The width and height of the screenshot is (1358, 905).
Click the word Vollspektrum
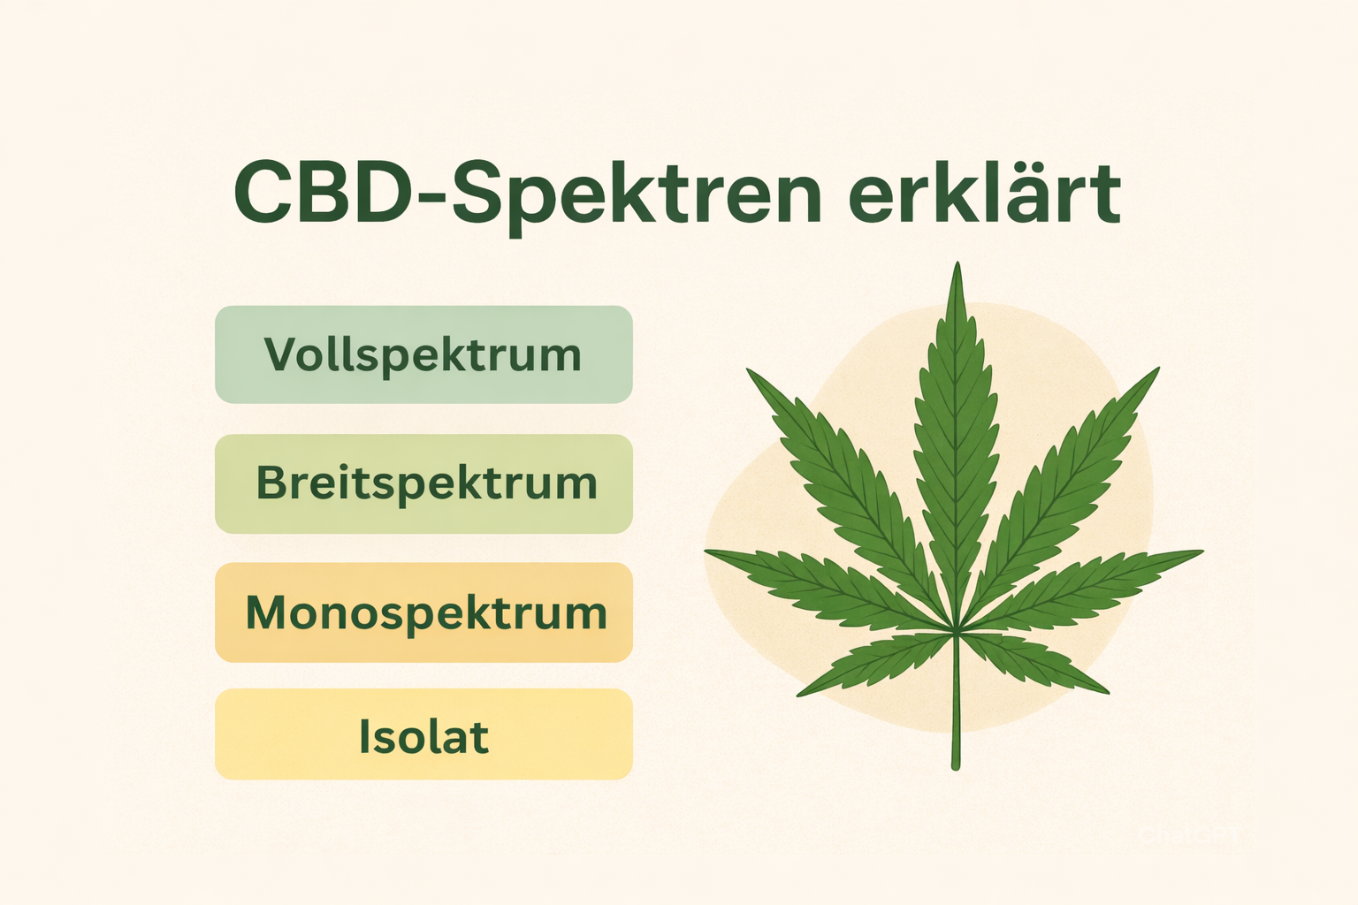[x=423, y=355]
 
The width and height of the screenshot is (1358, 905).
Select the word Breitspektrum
[x=426, y=483]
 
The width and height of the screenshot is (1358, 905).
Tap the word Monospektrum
[x=426, y=612]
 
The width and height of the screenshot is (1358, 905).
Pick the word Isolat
[x=423, y=737]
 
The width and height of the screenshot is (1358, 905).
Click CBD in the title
[x=322, y=193]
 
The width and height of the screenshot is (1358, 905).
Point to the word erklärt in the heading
[x=984, y=193]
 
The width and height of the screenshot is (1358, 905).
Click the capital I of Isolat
[x=363, y=737]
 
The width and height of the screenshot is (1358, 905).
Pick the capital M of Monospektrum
[x=269, y=612]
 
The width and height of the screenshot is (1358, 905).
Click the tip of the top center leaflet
[x=957, y=263]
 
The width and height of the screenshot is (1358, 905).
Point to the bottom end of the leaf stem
[x=956, y=767]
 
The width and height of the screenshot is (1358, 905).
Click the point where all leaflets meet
[x=957, y=629]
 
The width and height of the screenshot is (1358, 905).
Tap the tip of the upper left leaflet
[x=749, y=369]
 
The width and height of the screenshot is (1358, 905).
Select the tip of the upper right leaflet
[x=1157, y=369]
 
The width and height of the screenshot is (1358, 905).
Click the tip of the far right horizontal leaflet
[x=1202, y=552]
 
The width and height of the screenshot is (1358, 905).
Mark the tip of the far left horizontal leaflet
[x=706, y=552]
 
